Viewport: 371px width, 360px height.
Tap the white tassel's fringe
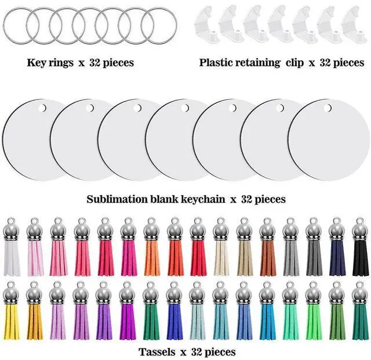click(x=12, y=260)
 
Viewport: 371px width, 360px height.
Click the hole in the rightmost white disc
click(x=328, y=108)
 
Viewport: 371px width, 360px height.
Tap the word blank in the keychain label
click(x=158, y=199)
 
